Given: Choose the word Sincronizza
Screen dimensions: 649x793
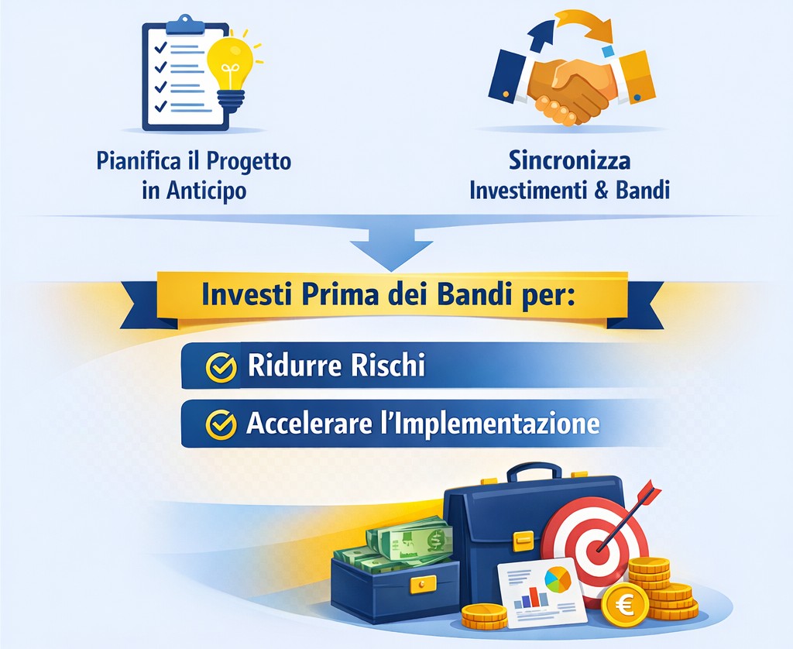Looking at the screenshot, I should (x=569, y=162).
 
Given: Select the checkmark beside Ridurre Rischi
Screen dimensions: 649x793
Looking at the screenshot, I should (x=221, y=366).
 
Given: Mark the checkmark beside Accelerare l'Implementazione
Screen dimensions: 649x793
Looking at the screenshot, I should (x=221, y=424).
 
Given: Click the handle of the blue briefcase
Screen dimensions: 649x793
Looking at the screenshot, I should (x=534, y=472).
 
